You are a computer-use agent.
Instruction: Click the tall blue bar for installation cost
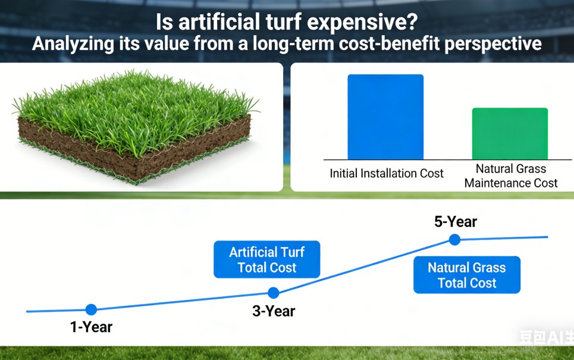[385, 117]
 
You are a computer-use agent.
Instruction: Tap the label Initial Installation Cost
[387, 174]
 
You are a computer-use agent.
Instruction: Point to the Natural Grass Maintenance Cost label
[511, 176]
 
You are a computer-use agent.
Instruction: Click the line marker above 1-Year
[91, 309]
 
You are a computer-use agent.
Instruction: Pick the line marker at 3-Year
[273, 293]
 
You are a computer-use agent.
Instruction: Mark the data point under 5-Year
[454, 239]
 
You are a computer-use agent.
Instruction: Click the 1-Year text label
[91, 327]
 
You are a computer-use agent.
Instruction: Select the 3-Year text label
[274, 311]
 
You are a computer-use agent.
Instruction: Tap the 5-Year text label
[456, 222]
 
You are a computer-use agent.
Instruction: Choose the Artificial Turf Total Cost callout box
[266, 259]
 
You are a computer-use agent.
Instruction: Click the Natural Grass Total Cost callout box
[467, 275]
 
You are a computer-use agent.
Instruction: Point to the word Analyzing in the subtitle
[67, 44]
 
